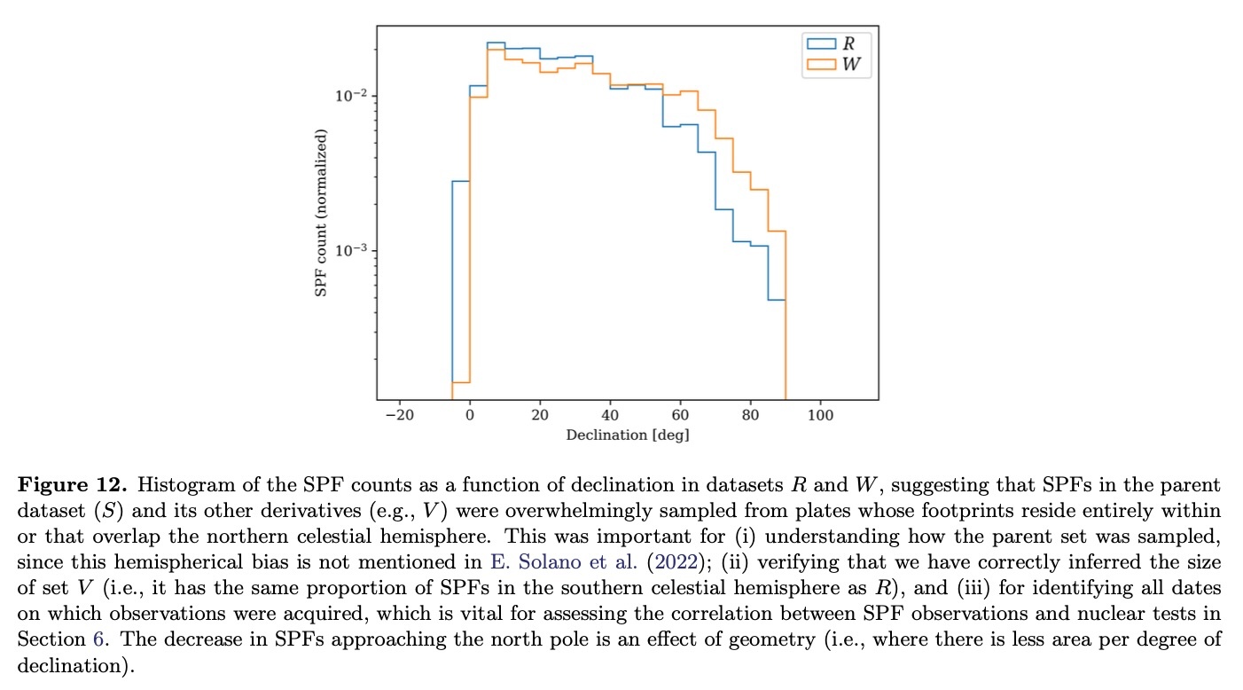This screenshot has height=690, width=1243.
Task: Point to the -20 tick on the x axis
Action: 399,415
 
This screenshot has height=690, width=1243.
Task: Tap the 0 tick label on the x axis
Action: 469,415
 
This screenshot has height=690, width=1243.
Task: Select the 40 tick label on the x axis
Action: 610,415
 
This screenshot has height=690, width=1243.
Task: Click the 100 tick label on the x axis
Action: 820,415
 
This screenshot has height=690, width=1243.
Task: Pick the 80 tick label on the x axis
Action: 750,415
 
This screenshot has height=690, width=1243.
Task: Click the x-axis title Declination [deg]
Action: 627,435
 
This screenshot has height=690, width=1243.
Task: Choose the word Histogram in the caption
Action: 177,486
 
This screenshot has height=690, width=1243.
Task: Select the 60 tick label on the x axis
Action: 680,415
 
